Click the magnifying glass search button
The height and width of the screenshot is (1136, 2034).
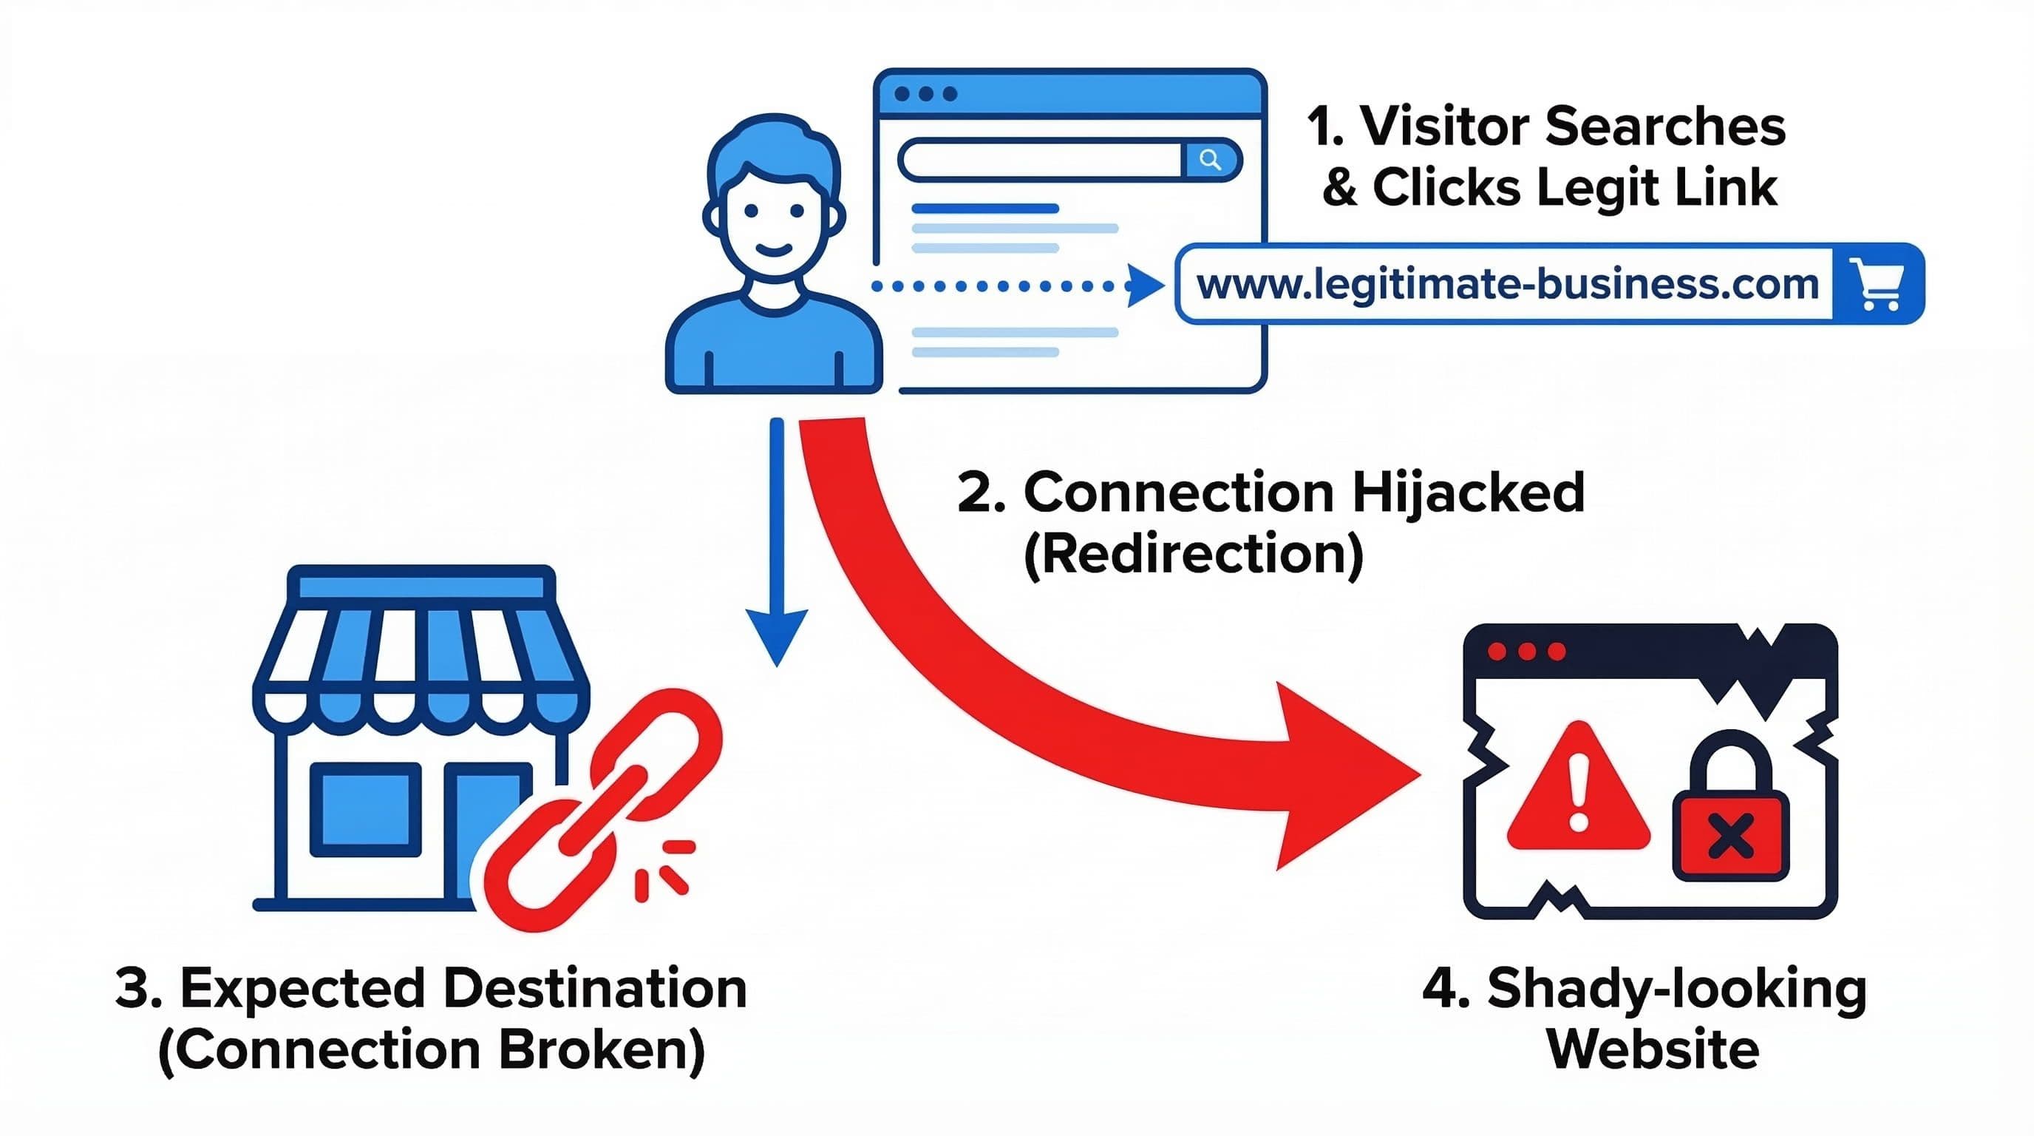[x=1211, y=160]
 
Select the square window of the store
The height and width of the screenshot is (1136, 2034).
[x=365, y=810]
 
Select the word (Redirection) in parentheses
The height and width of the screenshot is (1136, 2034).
[x=1193, y=555]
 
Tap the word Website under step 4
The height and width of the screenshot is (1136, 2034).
[x=1653, y=1049]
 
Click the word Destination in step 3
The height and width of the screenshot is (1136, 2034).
[x=593, y=989]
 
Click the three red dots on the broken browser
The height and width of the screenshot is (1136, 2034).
[x=1526, y=652]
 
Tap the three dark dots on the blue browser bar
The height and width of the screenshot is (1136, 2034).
[x=925, y=94]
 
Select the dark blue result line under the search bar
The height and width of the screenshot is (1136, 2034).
[x=984, y=209]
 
